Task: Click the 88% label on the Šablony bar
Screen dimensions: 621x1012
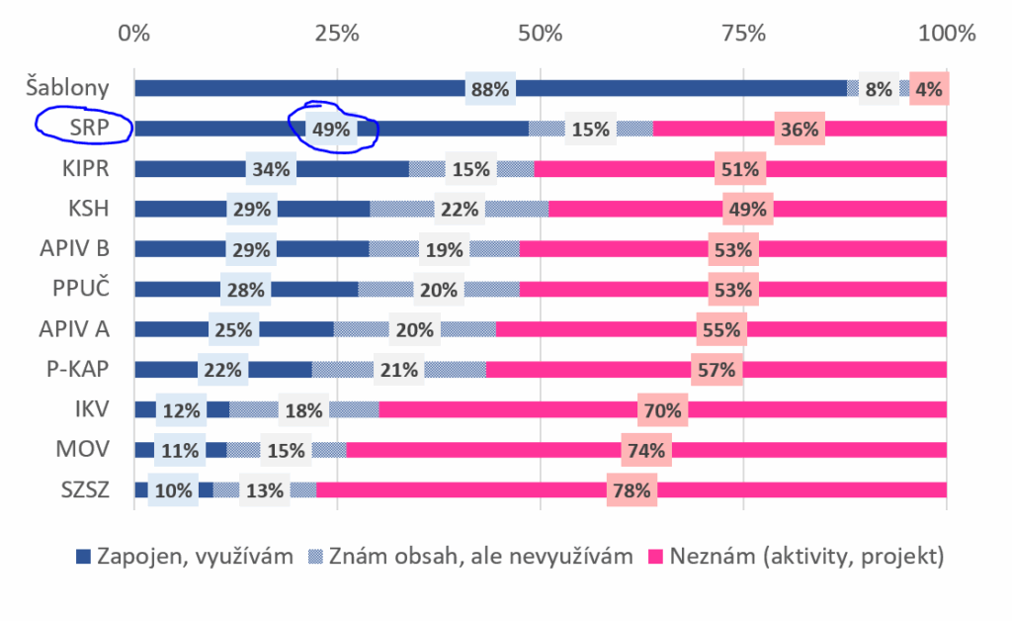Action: [x=490, y=89]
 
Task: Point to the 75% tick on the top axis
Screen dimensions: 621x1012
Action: [x=744, y=33]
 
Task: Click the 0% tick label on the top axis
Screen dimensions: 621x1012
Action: [x=133, y=33]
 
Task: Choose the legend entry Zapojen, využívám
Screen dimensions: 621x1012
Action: [x=185, y=557]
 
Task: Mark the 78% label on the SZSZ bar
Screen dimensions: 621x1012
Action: [x=632, y=489]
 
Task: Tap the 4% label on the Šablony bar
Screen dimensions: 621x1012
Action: [x=929, y=89]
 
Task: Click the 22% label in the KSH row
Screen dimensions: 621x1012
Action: [x=460, y=210]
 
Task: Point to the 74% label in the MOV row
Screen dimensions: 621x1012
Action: [x=645, y=450]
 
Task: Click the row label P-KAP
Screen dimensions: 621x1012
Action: [x=76, y=370]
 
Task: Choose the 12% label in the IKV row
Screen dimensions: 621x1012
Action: [x=182, y=409]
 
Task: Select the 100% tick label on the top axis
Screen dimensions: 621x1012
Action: [x=947, y=33]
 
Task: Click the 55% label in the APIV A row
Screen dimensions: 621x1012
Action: [x=720, y=329]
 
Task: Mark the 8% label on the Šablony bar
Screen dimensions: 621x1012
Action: [x=879, y=89]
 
